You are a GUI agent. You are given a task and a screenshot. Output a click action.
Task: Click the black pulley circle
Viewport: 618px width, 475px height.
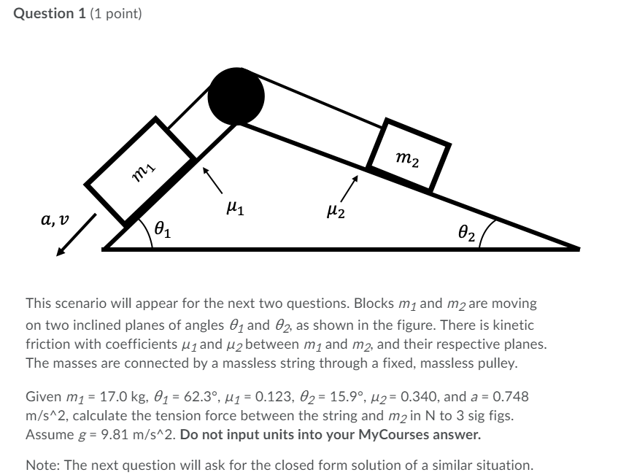pos(236,96)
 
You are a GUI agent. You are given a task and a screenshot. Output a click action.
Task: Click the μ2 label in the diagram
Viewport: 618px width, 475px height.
pos(337,212)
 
